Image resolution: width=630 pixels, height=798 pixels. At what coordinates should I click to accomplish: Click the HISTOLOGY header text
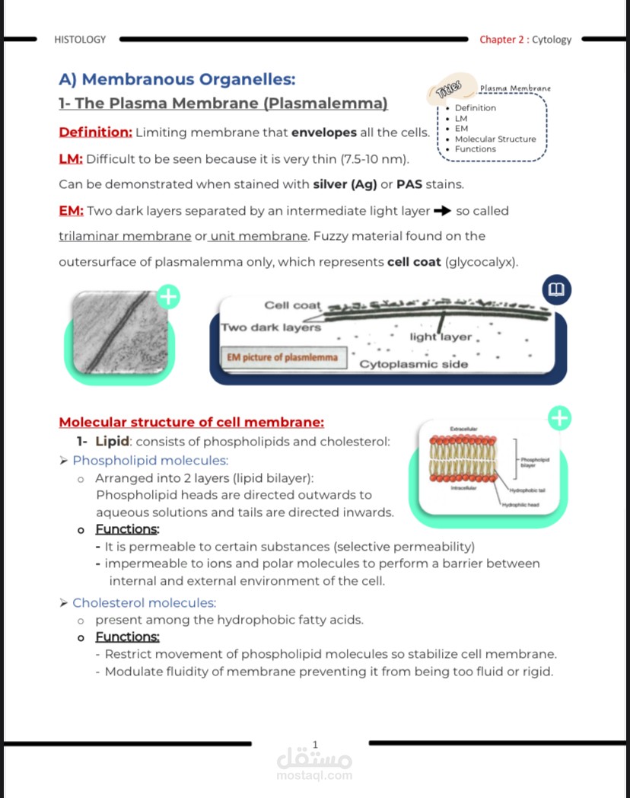tap(80, 40)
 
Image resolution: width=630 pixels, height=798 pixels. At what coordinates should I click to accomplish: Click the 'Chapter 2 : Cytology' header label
tap(525, 40)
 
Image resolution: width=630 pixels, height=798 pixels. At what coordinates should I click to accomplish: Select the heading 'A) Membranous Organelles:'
tap(177, 79)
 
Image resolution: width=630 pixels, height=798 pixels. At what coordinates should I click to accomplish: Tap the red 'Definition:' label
tap(95, 132)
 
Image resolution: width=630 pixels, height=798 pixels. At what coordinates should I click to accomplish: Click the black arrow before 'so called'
tap(442, 211)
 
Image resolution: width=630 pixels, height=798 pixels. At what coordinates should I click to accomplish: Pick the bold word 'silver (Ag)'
tap(345, 184)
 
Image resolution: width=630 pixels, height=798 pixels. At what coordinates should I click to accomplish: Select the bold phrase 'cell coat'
tap(415, 262)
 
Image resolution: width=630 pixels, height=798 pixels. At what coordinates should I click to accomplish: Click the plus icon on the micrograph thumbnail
tap(168, 297)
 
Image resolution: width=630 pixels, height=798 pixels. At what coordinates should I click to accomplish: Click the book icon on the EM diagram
tap(557, 290)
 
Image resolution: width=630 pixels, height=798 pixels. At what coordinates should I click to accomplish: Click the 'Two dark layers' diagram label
tap(270, 327)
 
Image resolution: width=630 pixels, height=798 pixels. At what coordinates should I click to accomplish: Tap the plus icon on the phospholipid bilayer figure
tap(559, 417)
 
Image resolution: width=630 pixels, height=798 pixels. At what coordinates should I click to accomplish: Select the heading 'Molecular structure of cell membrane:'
tap(192, 423)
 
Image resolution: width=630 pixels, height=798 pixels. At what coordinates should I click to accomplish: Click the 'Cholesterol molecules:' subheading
tap(144, 603)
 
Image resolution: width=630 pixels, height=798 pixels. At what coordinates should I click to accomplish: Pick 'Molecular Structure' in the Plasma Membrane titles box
tap(495, 139)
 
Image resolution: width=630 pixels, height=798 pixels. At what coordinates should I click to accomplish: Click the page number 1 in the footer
tap(316, 744)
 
